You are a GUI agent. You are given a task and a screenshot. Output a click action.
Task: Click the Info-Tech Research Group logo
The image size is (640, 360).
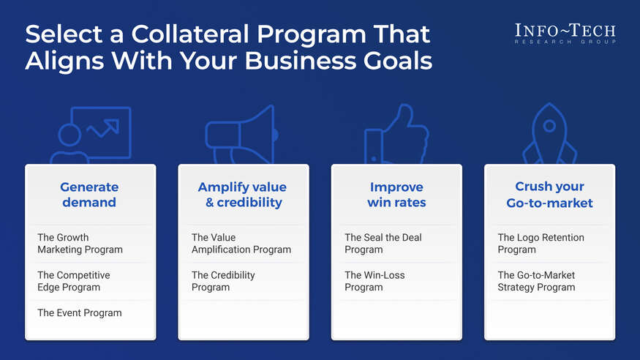coord(565,33)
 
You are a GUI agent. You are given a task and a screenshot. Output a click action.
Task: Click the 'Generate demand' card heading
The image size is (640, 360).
coord(89,195)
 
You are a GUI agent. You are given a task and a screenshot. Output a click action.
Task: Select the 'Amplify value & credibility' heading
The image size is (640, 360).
coord(243,195)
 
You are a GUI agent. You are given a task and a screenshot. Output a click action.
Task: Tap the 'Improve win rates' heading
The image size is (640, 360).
coord(396,195)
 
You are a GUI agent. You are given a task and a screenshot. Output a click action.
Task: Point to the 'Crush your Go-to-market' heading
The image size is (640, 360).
coord(549,195)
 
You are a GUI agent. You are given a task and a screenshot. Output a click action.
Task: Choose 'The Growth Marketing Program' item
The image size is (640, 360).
coord(80,244)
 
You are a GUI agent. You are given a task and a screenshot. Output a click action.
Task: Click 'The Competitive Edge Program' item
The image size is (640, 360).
coord(74,281)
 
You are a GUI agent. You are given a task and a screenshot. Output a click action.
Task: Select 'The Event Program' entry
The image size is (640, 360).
coord(80,313)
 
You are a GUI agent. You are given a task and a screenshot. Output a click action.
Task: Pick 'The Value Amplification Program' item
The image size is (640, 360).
coord(241,244)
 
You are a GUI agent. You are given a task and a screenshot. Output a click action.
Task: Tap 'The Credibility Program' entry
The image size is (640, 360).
coord(223,281)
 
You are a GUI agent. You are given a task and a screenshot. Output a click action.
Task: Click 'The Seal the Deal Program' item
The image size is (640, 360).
coord(383,244)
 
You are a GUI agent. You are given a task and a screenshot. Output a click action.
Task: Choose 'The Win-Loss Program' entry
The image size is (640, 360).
coord(374,281)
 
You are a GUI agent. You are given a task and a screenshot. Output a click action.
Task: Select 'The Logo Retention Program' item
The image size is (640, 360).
coord(541,244)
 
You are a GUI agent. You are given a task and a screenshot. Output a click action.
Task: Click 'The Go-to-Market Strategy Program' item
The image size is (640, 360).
coord(536,281)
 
